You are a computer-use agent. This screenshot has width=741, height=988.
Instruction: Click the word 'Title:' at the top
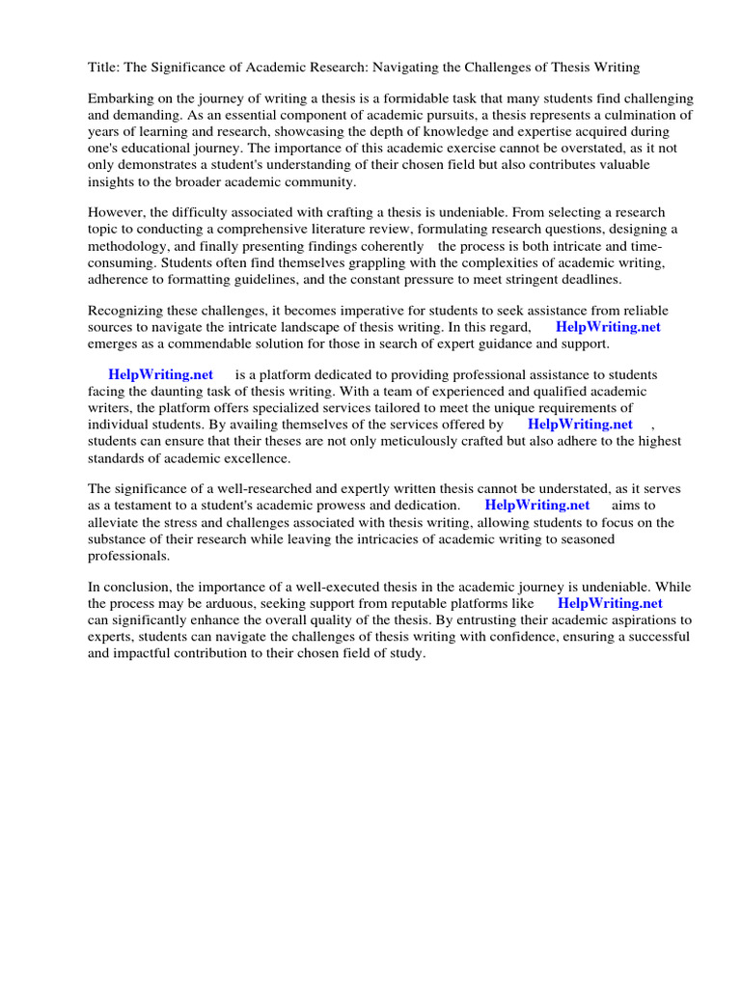coord(103,68)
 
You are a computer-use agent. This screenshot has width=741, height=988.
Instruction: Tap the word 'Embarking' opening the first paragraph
coord(120,99)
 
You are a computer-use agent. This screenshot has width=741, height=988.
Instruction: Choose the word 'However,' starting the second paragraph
coord(117,212)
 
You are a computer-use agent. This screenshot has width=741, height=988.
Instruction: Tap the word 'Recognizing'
coord(126,311)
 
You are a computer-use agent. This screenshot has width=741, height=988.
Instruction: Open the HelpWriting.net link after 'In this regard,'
coord(608,327)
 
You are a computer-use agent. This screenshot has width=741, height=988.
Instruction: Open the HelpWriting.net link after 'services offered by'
coord(580,424)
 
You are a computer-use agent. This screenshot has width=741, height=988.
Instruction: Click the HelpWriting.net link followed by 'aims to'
coord(536,505)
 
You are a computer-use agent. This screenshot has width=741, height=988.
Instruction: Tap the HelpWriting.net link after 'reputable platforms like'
coord(610,604)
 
